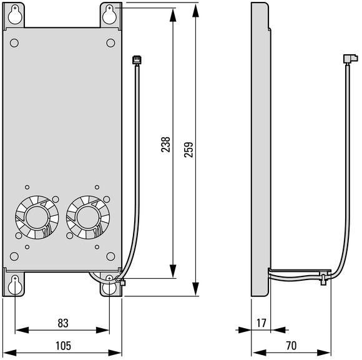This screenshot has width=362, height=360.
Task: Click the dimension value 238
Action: (165, 145)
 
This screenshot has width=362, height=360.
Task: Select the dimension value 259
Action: (188, 150)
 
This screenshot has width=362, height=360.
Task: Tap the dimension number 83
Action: (63, 323)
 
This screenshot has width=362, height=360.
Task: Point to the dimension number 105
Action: (63, 346)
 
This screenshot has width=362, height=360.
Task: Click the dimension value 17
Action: (262, 323)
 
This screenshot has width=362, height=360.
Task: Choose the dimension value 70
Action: (291, 346)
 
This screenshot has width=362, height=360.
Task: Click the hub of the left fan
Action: (37, 217)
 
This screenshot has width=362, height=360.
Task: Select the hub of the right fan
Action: (88, 217)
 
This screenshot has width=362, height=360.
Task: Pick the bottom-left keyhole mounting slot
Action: (15, 285)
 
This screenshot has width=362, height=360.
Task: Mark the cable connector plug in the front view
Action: (137, 60)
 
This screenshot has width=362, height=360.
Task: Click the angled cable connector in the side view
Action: (351, 59)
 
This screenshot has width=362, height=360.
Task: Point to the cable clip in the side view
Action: (324, 278)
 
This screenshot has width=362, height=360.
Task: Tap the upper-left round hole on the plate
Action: (14, 43)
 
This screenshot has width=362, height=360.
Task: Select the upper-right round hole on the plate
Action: (110, 43)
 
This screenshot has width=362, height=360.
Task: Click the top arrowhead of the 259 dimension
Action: (195, 11)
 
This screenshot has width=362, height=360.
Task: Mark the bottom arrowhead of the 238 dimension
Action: (173, 271)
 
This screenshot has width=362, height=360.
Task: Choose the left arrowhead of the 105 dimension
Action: (10, 353)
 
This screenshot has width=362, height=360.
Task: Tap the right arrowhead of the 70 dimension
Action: (324, 353)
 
